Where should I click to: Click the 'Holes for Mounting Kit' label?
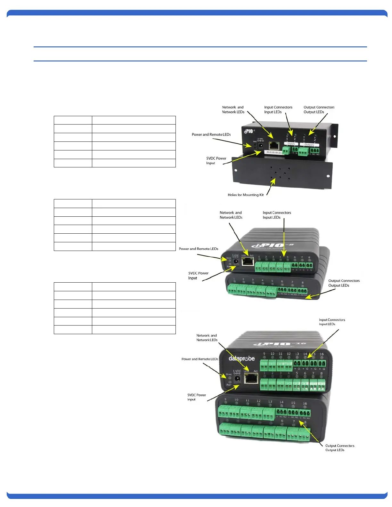(246, 195)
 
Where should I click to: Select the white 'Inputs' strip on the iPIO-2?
(291, 144)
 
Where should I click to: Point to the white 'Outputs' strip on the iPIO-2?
(309, 145)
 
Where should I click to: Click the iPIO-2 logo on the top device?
(249, 131)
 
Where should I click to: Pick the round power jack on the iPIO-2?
(261, 146)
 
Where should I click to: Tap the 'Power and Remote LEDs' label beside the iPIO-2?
(211, 134)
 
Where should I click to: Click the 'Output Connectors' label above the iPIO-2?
(319, 107)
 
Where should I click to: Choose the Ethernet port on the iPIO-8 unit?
(248, 262)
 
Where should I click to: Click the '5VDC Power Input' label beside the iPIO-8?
(198, 276)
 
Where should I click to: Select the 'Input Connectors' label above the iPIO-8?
(277, 213)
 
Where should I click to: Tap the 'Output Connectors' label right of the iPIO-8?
(344, 281)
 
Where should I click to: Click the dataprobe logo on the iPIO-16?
(241, 358)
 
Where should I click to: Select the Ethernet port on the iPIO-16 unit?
(251, 379)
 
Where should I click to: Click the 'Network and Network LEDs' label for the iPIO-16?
(207, 338)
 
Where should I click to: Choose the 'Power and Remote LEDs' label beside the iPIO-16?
(200, 359)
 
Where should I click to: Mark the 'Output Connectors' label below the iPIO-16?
(340, 446)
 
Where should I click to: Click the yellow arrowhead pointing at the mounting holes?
(273, 181)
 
